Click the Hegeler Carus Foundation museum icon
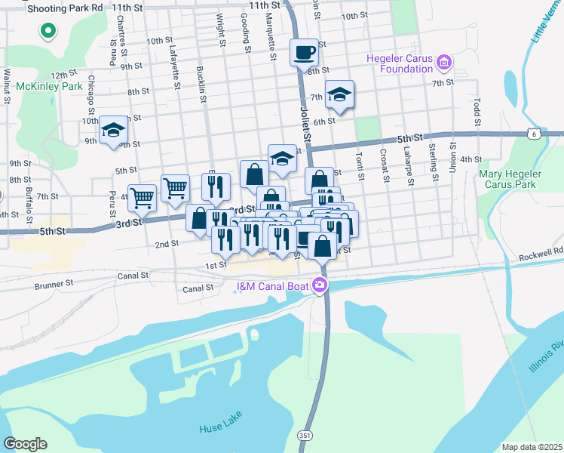pyautogui.click(x=444, y=61)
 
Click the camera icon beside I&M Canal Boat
pyautogui.click(x=320, y=285)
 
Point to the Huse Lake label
pyautogui.click(x=220, y=428)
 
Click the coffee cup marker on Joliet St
pyautogui.click(x=304, y=53)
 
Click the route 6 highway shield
pyautogui.click(x=534, y=134)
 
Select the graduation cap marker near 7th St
pyautogui.click(x=340, y=94)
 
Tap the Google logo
pyautogui.click(x=25, y=444)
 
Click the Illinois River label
pyautogui.click(x=546, y=356)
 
